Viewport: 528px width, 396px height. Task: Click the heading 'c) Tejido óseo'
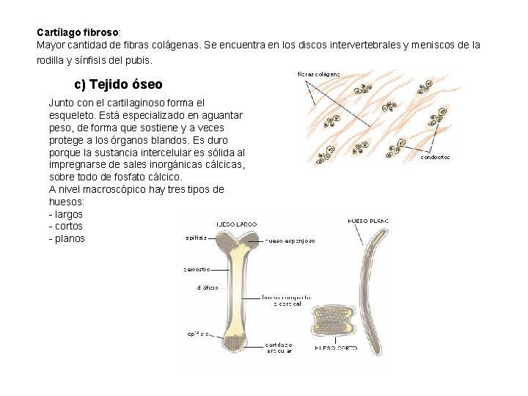tap(118, 85)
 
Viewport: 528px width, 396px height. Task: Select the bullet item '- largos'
tap(65, 214)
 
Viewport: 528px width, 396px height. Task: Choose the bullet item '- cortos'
tap(65, 227)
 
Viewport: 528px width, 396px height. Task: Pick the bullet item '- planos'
tap(67, 239)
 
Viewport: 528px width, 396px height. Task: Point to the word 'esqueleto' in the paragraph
tap(71, 115)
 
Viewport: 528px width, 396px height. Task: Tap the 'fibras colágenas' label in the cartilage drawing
tap(318, 73)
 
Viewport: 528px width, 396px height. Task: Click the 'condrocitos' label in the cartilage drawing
tap(435, 157)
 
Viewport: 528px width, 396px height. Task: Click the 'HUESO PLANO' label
tap(367, 220)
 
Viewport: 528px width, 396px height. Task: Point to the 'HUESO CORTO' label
tap(336, 348)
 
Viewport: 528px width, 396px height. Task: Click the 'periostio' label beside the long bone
tap(197, 269)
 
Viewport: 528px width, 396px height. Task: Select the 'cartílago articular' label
tap(279, 347)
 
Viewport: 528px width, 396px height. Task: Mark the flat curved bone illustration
tap(370, 293)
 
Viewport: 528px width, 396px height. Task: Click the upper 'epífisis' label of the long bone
tap(195, 237)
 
